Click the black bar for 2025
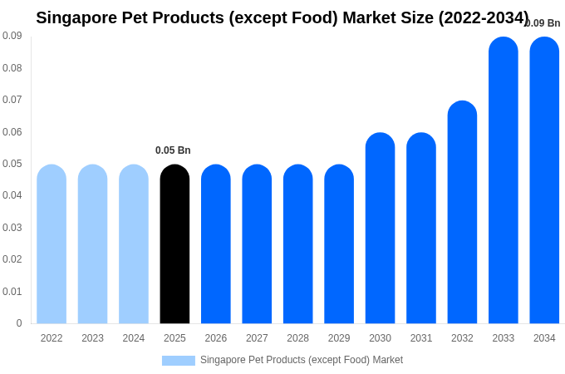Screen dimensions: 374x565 coord(174,244)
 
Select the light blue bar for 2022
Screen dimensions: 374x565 coord(52,244)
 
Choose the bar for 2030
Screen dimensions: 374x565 coord(380,229)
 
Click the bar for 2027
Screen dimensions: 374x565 coord(257,244)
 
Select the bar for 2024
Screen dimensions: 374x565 coord(134,244)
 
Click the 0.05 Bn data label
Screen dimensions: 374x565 coord(173,150)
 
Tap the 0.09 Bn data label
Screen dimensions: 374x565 coord(543,23)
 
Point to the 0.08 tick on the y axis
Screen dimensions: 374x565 coord(12,68)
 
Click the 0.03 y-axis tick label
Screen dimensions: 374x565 coord(12,228)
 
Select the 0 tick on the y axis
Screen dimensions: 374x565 coord(18,323)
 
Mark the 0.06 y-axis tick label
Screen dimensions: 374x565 coord(12,132)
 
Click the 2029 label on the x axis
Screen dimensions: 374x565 coord(339,338)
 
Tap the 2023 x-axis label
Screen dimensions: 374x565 coord(92,338)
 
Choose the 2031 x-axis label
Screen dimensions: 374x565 coord(421,338)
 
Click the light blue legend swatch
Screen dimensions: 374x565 coord(178,361)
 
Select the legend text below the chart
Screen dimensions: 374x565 coord(301,360)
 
